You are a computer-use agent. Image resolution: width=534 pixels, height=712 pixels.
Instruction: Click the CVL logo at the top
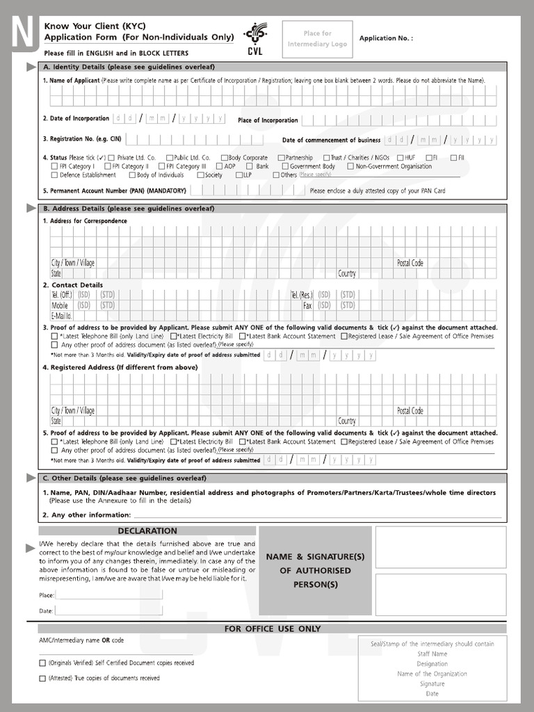(254, 38)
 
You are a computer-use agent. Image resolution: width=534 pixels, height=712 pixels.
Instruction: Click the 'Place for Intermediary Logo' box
(317, 39)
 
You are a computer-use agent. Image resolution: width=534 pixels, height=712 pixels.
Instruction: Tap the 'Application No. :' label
(386, 38)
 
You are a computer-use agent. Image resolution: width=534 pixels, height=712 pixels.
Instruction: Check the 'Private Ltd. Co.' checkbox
(111, 158)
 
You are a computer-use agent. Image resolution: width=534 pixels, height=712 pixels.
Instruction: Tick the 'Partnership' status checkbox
(282, 158)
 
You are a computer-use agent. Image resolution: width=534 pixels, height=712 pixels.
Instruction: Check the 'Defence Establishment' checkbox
(54, 175)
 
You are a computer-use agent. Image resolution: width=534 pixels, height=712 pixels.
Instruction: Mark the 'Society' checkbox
(200, 175)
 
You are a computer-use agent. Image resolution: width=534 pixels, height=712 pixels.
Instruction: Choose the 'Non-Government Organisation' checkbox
(350, 166)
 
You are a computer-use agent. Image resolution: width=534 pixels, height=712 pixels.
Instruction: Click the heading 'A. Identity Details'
(129, 67)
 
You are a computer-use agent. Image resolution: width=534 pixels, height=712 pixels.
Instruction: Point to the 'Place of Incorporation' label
(268, 120)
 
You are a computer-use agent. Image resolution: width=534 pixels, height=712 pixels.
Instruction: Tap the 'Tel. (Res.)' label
(302, 295)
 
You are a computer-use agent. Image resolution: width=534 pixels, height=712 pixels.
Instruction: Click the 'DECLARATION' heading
(147, 531)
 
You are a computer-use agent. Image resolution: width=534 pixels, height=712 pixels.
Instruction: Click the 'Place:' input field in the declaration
(109, 595)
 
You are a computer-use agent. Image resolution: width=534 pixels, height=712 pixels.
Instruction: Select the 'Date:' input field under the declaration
(109, 610)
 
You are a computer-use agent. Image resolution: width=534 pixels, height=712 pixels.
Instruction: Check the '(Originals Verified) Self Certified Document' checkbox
(42, 663)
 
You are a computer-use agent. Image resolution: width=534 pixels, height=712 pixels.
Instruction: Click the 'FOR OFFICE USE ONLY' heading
(272, 629)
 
